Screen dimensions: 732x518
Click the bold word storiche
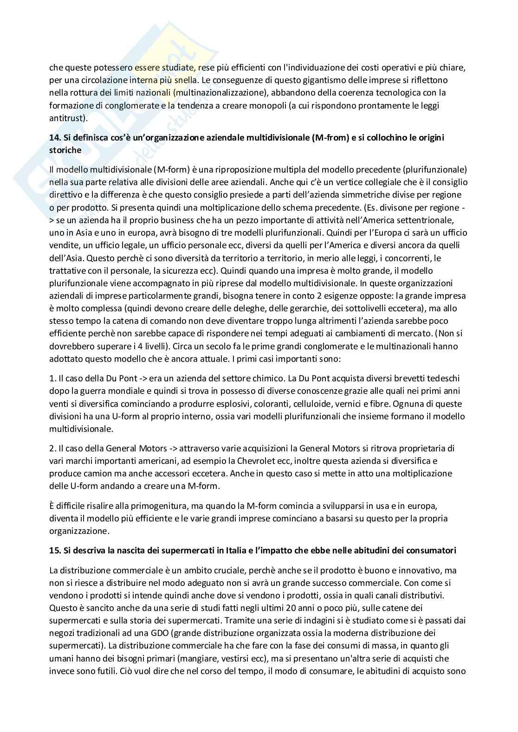pyautogui.click(x=65, y=150)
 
